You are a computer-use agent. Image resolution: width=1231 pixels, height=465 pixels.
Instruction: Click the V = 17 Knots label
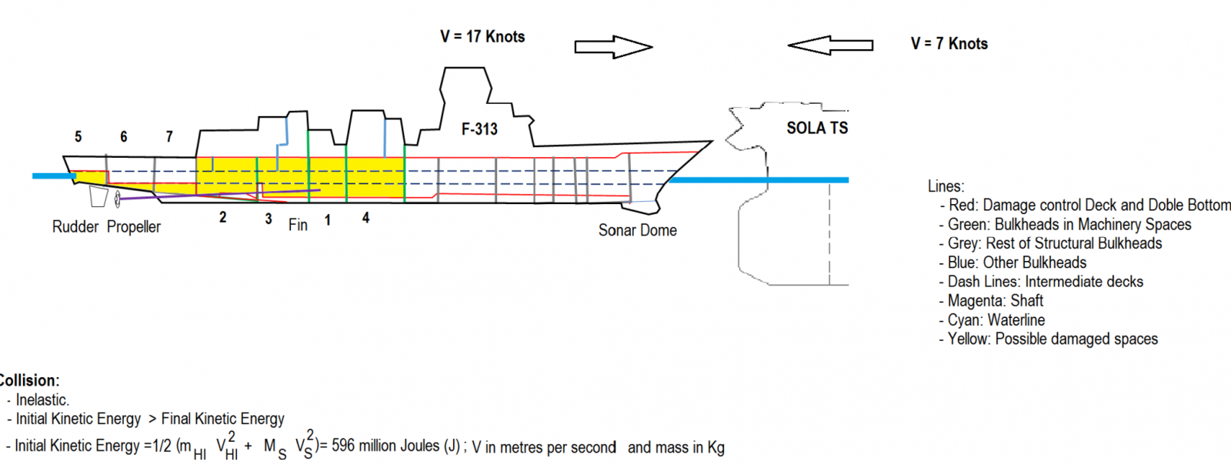(x=482, y=37)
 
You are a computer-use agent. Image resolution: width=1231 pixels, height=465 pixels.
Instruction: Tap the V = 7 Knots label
(x=949, y=44)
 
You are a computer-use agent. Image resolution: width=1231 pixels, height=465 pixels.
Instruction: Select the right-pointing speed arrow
(x=614, y=47)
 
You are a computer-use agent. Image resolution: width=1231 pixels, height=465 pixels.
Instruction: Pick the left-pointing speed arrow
(x=830, y=45)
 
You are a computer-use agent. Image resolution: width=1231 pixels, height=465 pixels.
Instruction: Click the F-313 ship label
(x=479, y=129)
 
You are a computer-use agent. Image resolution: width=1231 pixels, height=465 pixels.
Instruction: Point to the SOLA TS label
(x=817, y=128)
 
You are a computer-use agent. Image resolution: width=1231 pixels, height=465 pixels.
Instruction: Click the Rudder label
(x=75, y=226)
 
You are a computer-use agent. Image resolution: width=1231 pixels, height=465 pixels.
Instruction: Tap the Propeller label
(x=134, y=226)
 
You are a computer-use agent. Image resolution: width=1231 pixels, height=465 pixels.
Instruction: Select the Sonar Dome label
(x=638, y=230)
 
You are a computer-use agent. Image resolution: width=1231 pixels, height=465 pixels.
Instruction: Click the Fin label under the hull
(x=298, y=225)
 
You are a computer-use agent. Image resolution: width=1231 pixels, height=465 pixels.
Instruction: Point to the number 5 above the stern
(x=78, y=136)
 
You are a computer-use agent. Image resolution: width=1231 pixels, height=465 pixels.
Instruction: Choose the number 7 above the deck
(x=169, y=136)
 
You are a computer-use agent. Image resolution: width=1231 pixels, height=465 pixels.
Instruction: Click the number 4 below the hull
(x=366, y=218)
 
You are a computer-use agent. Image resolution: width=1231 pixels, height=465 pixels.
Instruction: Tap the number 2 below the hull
(x=222, y=217)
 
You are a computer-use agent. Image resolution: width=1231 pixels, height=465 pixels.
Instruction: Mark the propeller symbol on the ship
(x=117, y=199)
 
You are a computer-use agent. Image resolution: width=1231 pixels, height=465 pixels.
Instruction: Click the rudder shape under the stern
(x=99, y=196)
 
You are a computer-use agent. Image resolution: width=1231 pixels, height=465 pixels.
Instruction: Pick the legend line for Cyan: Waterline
(x=992, y=320)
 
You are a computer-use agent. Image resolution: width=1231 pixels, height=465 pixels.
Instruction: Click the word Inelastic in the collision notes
(x=42, y=400)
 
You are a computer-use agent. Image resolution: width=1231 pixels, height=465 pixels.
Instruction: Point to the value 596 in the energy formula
(x=343, y=445)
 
